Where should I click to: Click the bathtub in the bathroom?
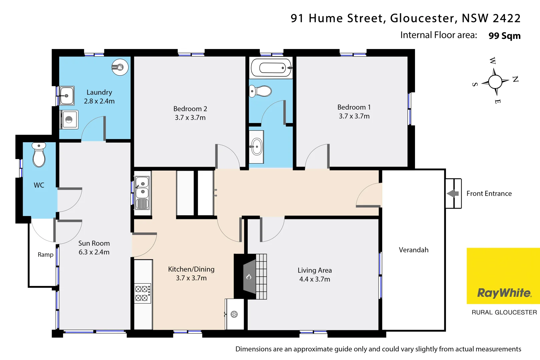tap(271, 68)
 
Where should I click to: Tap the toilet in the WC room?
tap(39, 155)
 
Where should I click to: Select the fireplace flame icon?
tap(249, 277)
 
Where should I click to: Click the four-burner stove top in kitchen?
tap(142, 293)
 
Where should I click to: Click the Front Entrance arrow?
tap(452, 194)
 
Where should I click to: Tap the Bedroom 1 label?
tap(354, 107)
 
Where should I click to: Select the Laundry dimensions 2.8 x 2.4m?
tap(99, 101)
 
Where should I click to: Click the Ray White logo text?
tap(504, 293)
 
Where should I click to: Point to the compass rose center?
tap(495, 82)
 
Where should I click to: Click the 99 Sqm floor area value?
tap(504, 36)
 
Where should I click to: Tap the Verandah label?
tap(413, 250)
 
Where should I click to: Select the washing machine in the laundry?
tap(69, 120)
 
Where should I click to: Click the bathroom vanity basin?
tap(257, 147)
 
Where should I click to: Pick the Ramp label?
tap(45, 255)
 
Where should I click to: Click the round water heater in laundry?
tap(120, 67)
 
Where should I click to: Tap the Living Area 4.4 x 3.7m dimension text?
tap(314, 279)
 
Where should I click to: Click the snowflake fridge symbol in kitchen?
tap(234, 314)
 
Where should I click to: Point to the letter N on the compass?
tap(515, 79)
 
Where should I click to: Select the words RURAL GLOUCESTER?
tap(504, 312)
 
